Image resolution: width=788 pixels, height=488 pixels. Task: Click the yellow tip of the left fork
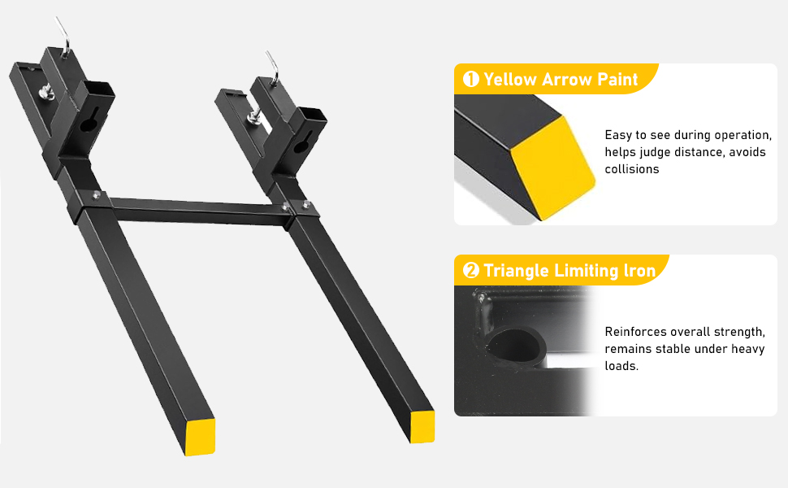[x=200, y=436]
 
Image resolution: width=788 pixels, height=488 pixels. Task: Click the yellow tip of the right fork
[x=422, y=426]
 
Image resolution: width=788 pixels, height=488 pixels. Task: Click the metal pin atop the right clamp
[x=271, y=64]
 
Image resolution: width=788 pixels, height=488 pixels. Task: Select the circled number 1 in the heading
[x=470, y=80]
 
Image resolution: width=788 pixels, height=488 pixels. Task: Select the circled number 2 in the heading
[x=470, y=271]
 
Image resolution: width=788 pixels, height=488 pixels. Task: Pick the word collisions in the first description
[x=632, y=169]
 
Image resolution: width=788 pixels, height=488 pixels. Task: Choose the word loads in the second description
[x=621, y=366]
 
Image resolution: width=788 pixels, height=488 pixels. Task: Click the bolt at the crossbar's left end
[x=97, y=194]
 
